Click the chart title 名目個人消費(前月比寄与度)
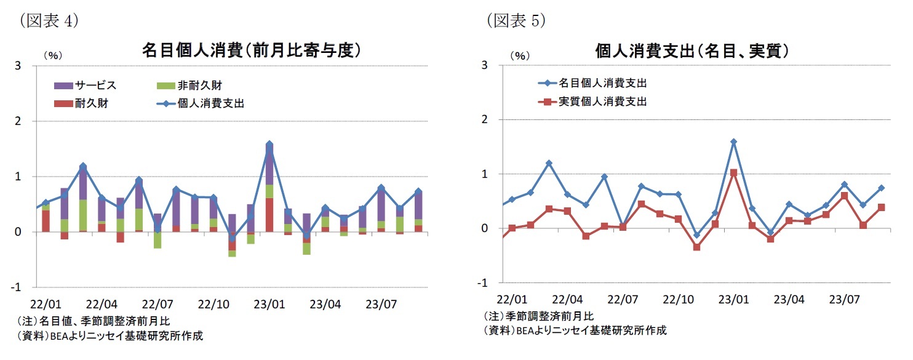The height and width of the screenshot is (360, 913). tap(251, 50)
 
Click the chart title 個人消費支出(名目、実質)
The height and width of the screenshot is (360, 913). tap(692, 50)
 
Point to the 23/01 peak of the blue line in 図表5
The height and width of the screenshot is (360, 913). tap(733, 142)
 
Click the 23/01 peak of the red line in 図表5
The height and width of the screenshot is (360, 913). tap(733, 173)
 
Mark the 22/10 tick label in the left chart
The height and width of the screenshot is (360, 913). tap(213, 304)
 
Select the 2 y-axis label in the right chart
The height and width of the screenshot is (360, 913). tap(485, 119)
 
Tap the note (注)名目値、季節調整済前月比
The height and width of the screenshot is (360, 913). tap(92, 321)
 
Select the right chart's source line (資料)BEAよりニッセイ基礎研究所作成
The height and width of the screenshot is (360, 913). tap(574, 330)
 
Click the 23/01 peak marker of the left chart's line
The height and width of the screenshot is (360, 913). tap(269, 145)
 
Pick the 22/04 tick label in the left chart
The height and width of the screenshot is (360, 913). tap(102, 304)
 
